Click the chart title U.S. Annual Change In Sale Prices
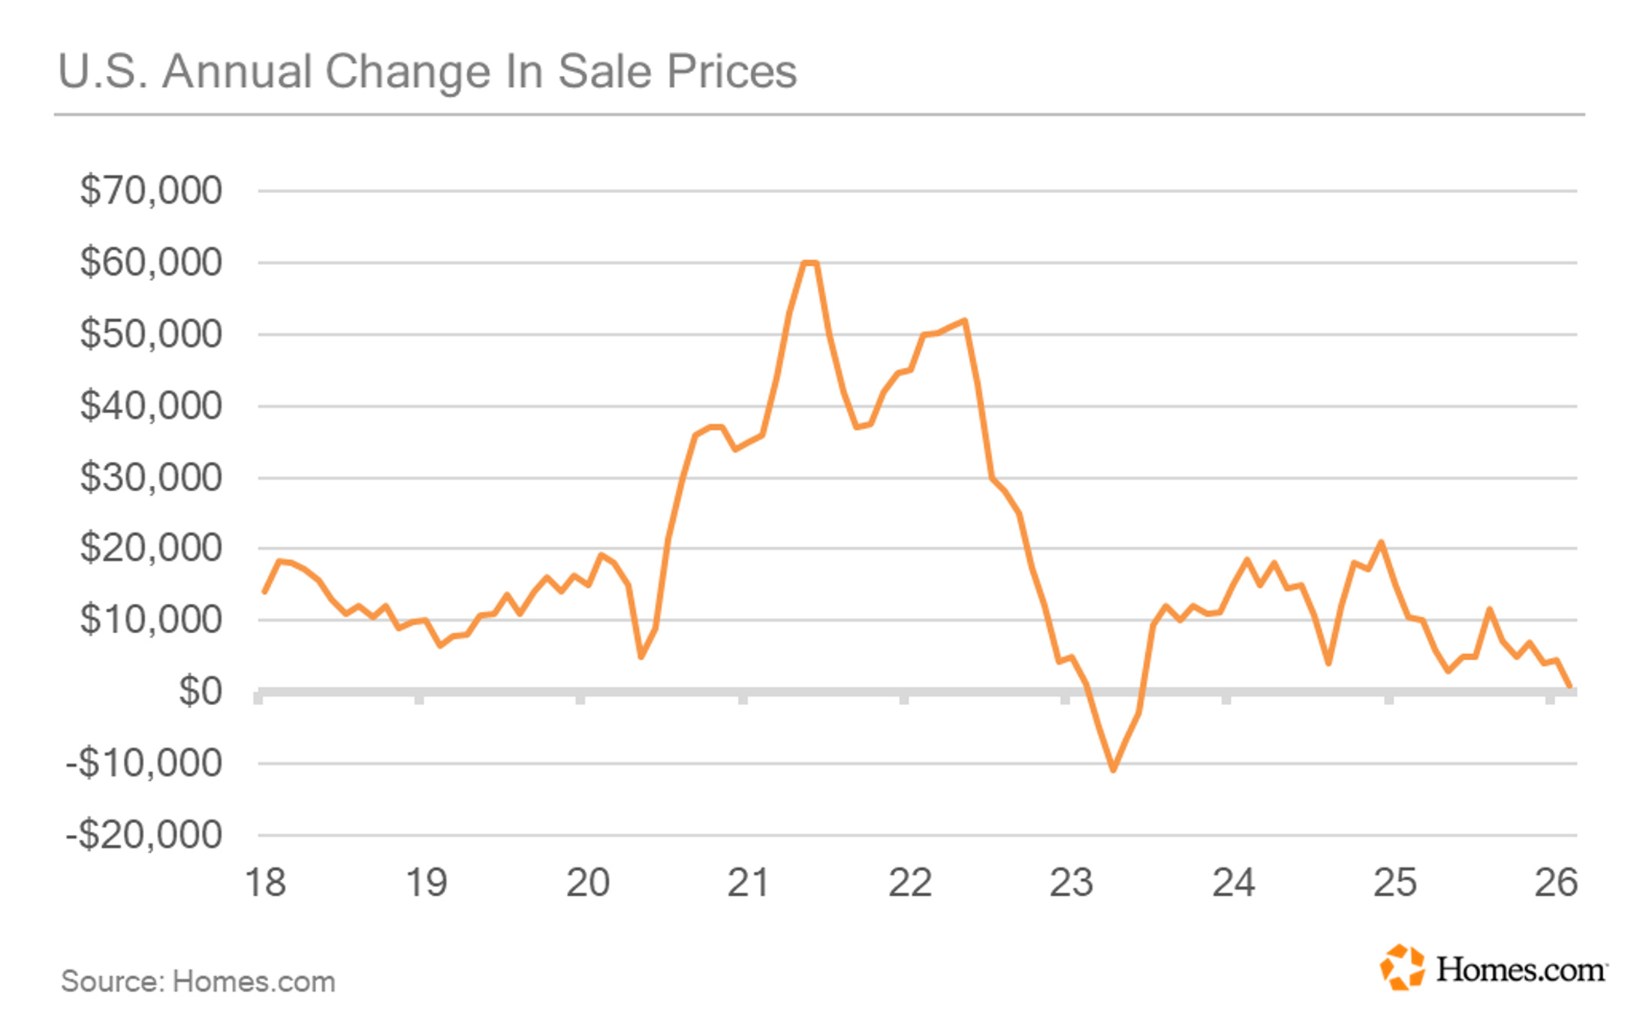(x=427, y=72)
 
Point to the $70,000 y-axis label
(x=151, y=190)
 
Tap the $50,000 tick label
(x=151, y=333)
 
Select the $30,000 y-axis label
(x=151, y=477)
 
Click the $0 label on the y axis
(x=200, y=691)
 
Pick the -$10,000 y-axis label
(x=144, y=763)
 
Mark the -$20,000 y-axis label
(x=144, y=834)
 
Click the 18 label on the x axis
(x=265, y=882)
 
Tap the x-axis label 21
(x=748, y=882)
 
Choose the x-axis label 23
(x=1071, y=882)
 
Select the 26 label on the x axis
(x=1556, y=882)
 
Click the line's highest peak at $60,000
(x=809, y=263)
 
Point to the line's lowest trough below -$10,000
(x=1113, y=770)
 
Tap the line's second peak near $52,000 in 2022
(x=964, y=321)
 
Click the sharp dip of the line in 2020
(x=641, y=658)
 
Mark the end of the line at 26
(x=1569, y=686)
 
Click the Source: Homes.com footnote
(x=198, y=981)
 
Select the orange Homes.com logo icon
(x=1402, y=967)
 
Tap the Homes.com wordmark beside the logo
(x=1521, y=969)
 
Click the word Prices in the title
(x=732, y=72)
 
